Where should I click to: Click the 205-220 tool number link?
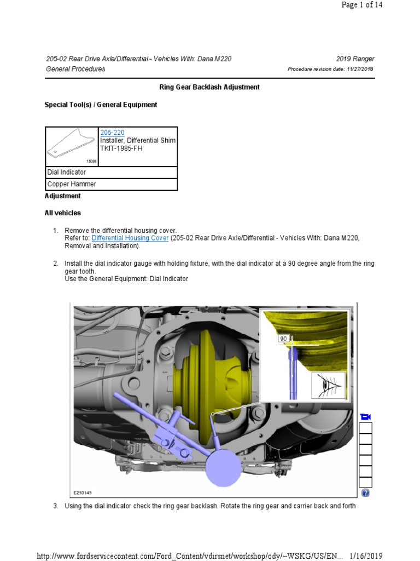tap(112, 133)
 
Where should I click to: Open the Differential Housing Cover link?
tap(130, 238)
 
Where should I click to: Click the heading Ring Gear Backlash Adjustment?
tap(209, 87)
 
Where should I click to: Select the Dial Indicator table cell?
tap(111, 172)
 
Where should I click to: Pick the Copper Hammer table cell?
tap(111, 185)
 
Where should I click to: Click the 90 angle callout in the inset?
tap(283, 339)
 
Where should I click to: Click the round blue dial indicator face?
tap(223, 467)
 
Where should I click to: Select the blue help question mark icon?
tap(365, 493)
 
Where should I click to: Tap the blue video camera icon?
tap(365, 417)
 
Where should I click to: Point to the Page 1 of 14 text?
tap(372, 5)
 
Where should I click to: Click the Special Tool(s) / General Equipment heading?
tap(101, 105)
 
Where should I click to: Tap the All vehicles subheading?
tap(62, 213)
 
